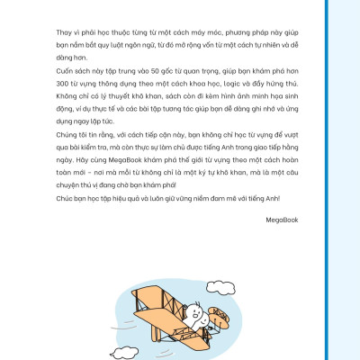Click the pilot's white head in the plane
[191, 314]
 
